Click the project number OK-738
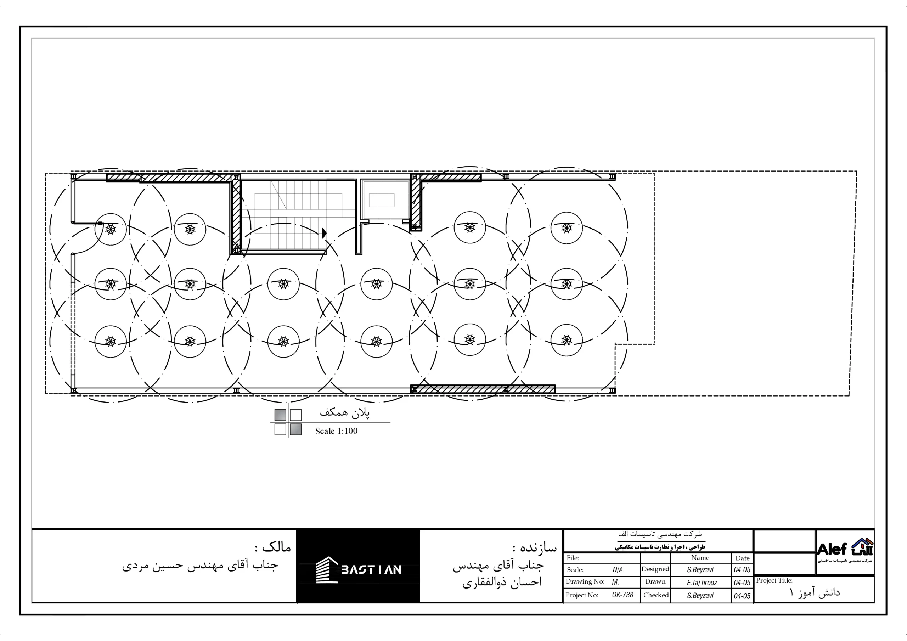point(622,595)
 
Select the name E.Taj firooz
point(702,583)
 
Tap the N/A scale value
point(618,570)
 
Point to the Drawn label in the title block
point(655,582)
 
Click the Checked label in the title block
point(656,595)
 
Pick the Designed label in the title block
point(655,569)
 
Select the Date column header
point(743,558)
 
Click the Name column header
point(700,558)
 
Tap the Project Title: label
point(774,580)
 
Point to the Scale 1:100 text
point(336,431)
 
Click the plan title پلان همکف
point(345,412)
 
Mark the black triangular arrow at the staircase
point(324,233)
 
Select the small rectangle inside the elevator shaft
point(382,200)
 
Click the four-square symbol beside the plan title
point(288,422)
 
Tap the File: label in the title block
point(573,558)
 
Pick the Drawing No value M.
point(615,582)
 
